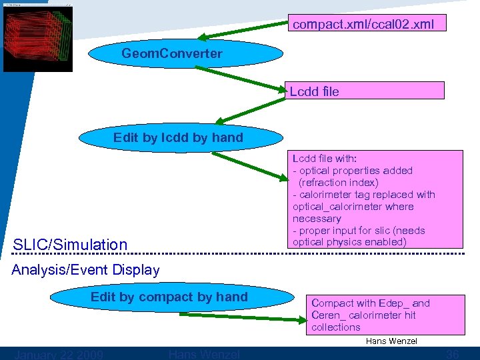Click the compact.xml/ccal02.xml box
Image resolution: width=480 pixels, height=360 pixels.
[366, 25]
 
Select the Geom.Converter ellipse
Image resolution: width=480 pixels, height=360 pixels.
[172, 54]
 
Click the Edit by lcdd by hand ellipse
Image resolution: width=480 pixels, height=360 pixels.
[178, 138]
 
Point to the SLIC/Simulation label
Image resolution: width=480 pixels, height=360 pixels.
[70, 245]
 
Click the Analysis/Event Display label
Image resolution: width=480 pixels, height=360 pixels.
[86, 270]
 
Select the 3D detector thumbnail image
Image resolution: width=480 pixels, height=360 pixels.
[38, 37]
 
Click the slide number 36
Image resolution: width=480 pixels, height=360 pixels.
[453, 354]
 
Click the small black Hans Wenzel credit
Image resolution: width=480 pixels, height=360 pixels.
[391, 341]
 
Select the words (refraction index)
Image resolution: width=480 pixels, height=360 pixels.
[339, 182]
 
